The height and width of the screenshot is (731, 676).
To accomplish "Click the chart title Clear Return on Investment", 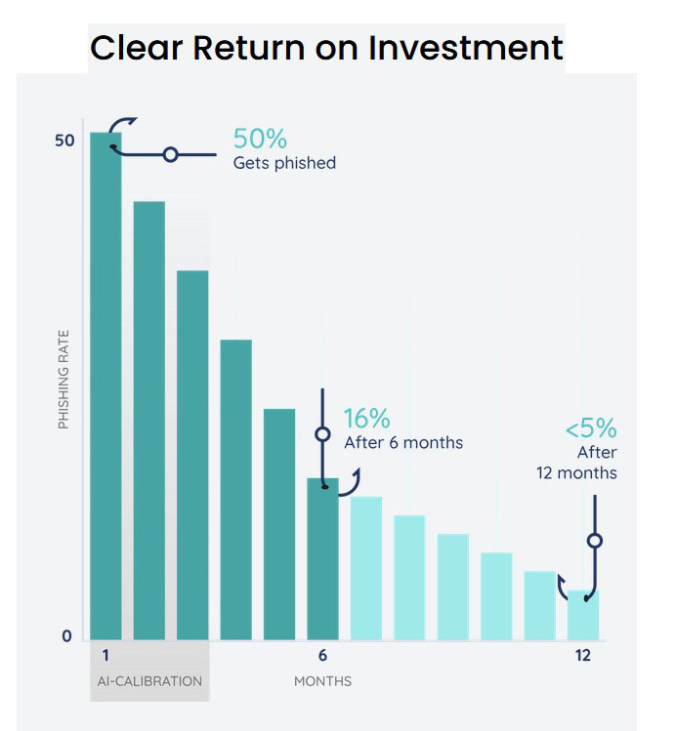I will click(326, 47).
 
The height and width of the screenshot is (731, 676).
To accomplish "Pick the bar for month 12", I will click(583, 614).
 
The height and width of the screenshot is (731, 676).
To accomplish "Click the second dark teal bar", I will click(149, 420).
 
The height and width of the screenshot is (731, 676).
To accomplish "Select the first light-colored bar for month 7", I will click(366, 567).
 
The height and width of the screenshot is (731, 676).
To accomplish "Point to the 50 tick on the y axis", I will click(63, 141).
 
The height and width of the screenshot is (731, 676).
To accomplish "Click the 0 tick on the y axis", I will click(66, 636).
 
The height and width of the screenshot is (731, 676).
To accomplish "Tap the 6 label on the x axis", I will click(322, 656).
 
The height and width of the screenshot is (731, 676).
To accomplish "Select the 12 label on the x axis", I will click(582, 656).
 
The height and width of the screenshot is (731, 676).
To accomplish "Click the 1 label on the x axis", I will click(105, 656).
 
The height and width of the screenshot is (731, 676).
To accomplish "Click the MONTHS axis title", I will click(322, 680).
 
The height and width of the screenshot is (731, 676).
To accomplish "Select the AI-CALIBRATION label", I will click(149, 680).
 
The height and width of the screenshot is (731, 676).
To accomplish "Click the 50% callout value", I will click(260, 139).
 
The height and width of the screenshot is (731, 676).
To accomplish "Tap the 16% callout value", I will click(366, 419).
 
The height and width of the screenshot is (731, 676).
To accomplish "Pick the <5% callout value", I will click(590, 428).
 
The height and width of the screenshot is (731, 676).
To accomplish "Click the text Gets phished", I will click(284, 163).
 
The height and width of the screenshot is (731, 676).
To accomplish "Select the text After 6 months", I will click(403, 442).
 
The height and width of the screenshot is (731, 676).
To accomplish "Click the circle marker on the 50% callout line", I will click(170, 154).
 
